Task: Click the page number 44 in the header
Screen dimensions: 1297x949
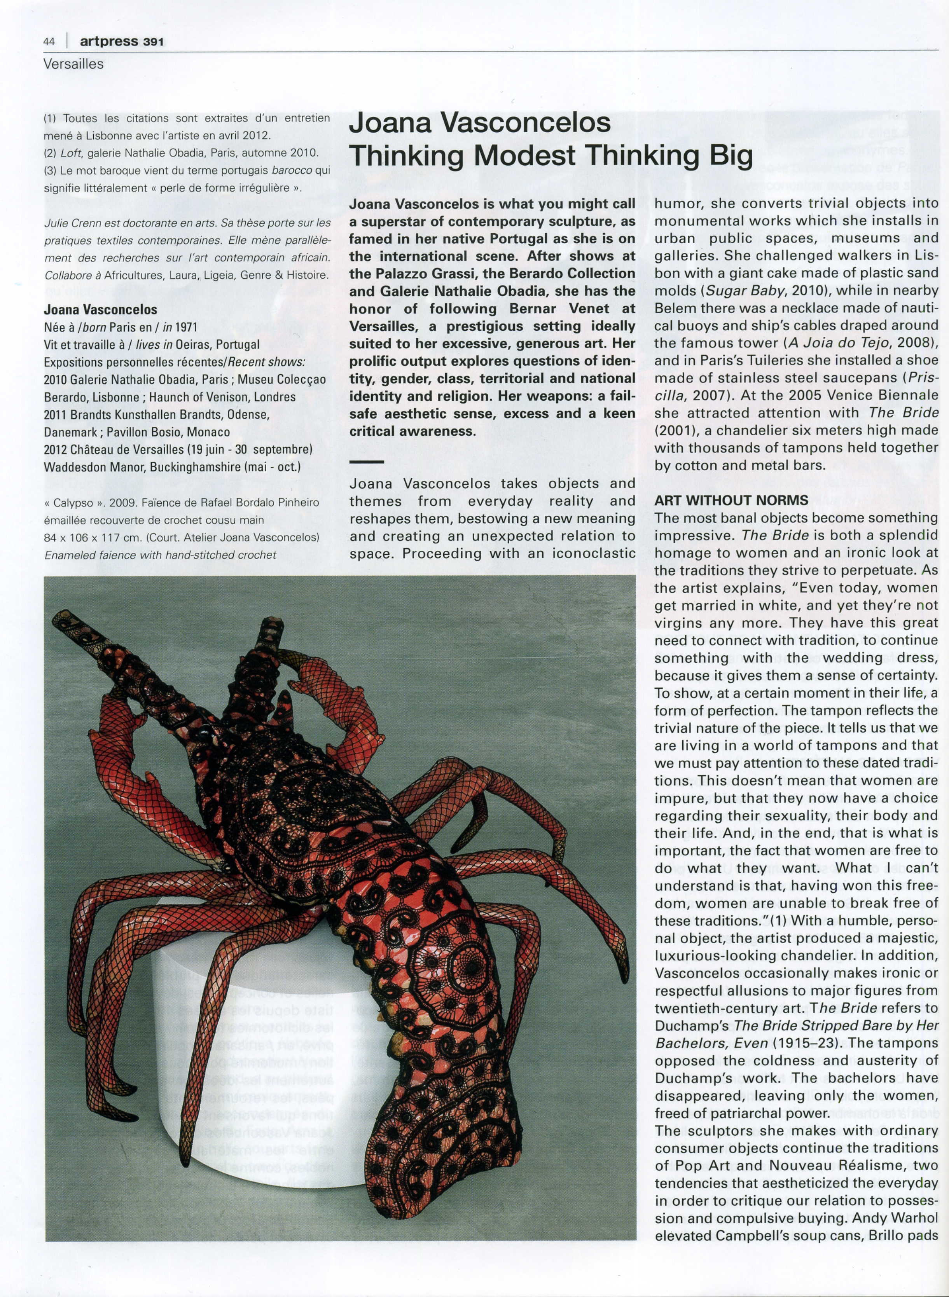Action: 49,41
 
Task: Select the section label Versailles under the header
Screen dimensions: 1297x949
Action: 73,64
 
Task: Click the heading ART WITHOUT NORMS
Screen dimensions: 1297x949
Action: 731,500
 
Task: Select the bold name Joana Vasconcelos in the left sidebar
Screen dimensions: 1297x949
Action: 101,309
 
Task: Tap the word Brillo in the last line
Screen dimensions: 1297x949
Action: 875,1234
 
